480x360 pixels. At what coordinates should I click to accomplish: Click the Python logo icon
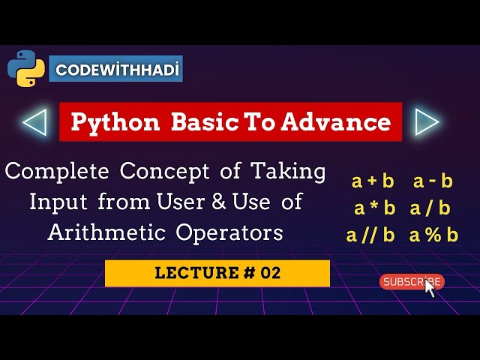click(x=26, y=69)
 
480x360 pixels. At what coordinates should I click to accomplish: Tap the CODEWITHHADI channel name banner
click(x=116, y=69)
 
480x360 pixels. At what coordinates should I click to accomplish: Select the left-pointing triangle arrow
click(x=34, y=121)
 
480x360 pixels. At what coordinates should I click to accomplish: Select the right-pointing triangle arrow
click(x=426, y=121)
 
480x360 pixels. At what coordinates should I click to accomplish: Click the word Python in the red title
click(x=115, y=122)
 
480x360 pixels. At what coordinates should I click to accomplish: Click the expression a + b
click(x=373, y=181)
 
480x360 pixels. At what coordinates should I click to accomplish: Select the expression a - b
click(x=433, y=181)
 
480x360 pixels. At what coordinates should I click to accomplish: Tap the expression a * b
click(x=374, y=208)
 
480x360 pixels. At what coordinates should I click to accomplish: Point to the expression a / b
click(x=430, y=208)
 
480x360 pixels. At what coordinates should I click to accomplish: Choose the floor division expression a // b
click(x=370, y=235)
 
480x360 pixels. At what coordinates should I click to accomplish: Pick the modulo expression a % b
click(x=433, y=235)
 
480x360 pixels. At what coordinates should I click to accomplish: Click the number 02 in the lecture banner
click(x=271, y=273)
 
